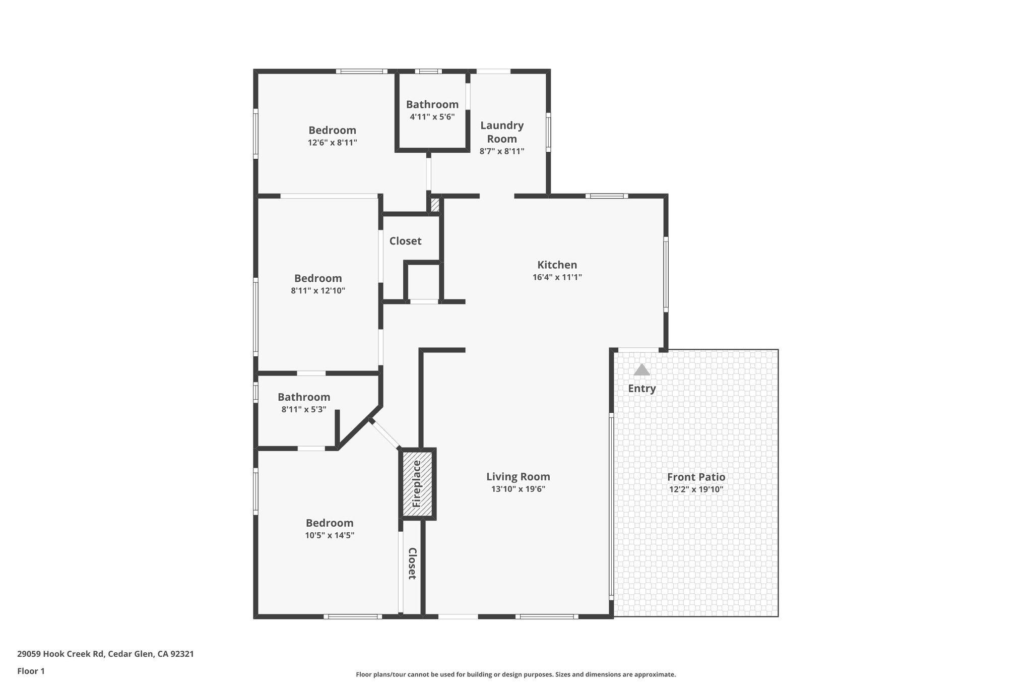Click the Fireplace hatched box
(418, 484)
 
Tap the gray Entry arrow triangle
(641, 370)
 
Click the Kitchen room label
(557, 265)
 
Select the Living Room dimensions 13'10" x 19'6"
(518, 489)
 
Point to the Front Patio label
(696, 477)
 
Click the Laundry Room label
(501, 132)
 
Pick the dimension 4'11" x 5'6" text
(432, 117)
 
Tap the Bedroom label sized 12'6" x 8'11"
(332, 130)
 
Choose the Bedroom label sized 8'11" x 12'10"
(318, 278)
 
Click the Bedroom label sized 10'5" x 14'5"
(330, 523)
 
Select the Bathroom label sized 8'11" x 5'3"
(304, 397)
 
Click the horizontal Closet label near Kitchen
(405, 241)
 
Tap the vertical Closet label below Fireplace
(412, 563)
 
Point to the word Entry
(641, 389)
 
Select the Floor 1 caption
(31, 671)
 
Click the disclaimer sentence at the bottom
(515, 674)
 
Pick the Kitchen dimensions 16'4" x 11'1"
(557, 277)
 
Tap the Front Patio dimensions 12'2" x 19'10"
(696, 489)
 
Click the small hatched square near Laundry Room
(435, 205)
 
